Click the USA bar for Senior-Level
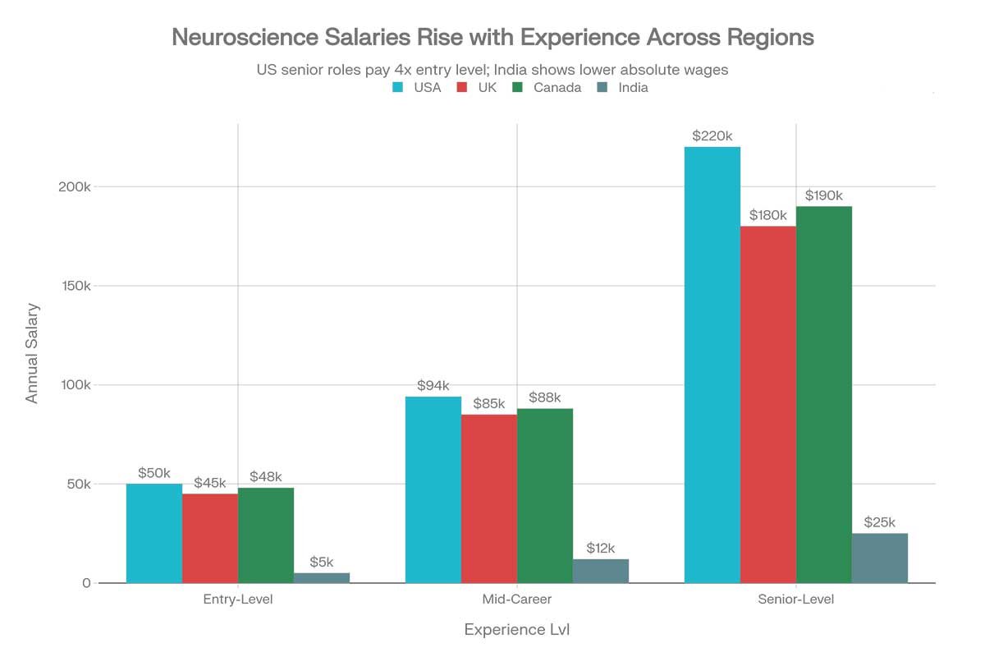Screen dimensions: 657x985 click(x=712, y=365)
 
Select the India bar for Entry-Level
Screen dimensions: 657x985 click(x=322, y=578)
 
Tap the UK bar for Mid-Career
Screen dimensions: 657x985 click(x=489, y=498)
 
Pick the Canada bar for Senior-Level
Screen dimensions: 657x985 click(x=824, y=394)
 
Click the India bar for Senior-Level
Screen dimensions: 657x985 click(x=880, y=558)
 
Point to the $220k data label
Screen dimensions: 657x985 click(x=712, y=136)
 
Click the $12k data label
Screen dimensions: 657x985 click(x=601, y=548)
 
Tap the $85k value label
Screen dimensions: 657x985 click(x=489, y=403)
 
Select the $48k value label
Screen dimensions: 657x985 click(x=266, y=477)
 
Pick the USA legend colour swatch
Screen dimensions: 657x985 click(x=397, y=88)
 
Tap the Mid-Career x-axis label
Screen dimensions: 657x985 click(x=517, y=600)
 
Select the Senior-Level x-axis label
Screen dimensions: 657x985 click(x=796, y=600)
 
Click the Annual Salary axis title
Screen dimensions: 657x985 click(x=32, y=353)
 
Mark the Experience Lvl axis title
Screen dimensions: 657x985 click(x=517, y=630)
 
